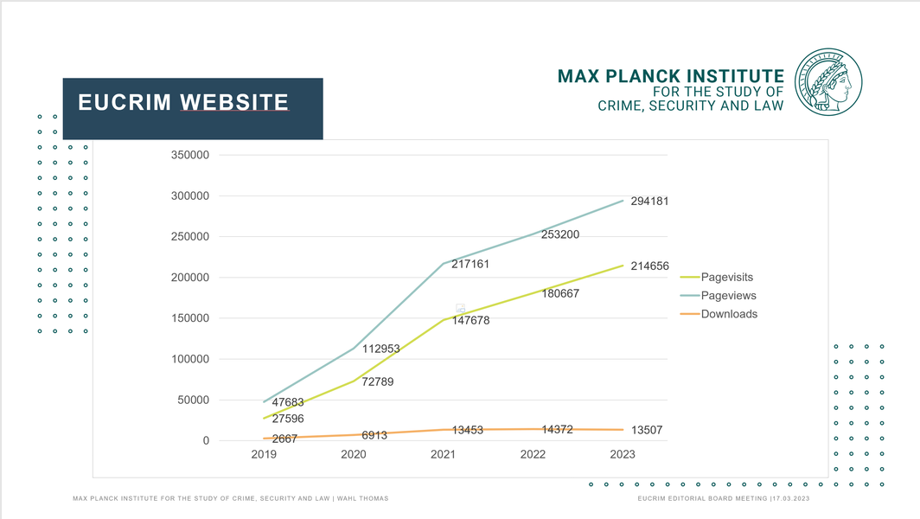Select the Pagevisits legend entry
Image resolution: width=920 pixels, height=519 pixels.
pyautogui.click(x=726, y=277)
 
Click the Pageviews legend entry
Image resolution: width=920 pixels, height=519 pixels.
pyautogui.click(x=728, y=296)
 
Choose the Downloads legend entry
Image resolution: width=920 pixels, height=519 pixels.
pyautogui.click(x=729, y=314)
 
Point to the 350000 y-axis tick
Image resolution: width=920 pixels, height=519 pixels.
pyautogui.click(x=191, y=155)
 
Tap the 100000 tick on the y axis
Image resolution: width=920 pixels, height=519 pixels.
pyautogui.click(x=191, y=359)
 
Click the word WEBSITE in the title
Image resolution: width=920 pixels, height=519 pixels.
pyautogui.click(x=234, y=103)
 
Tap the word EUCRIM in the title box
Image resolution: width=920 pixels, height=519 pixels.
pyautogui.click(x=125, y=103)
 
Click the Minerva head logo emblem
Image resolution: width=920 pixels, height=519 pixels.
pyautogui.click(x=828, y=83)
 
